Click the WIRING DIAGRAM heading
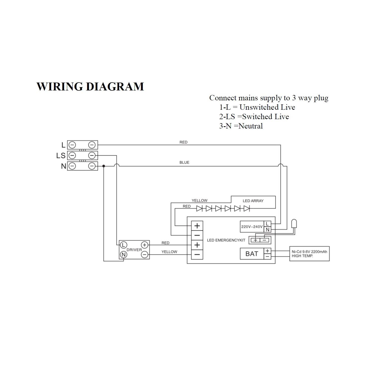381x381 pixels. pyautogui.click(x=90, y=86)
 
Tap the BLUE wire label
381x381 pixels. pyautogui.click(x=184, y=162)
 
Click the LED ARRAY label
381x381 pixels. pyautogui.click(x=253, y=201)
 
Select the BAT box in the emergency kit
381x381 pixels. pyautogui.click(x=252, y=253)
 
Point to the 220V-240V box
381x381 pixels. pyautogui.click(x=252, y=227)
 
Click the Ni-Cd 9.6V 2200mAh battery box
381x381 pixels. pyautogui.click(x=309, y=253)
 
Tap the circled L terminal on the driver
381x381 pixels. pyautogui.click(x=123, y=245)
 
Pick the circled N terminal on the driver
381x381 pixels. pyautogui.click(x=123, y=255)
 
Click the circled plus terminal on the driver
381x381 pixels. pyautogui.click(x=145, y=245)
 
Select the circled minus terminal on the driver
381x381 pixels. pyautogui.click(x=145, y=255)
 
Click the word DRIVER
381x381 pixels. pyautogui.click(x=134, y=250)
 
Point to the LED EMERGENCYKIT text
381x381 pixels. pyautogui.click(x=226, y=240)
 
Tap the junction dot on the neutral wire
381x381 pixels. pyautogui.click(x=104, y=166)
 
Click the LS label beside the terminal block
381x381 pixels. pyautogui.click(x=61, y=155)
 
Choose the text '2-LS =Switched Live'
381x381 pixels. pyautogui.click(x=254, y=117)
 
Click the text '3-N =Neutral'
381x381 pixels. pyautogui.click(x=241, y=126)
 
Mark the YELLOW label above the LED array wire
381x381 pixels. pyautogui.click(x=199, y=201)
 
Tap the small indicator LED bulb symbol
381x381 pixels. pyautogui.click(x=294, y=224)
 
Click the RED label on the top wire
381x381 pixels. pyautogui.click(x=183, y=142)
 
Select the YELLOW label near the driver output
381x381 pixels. pyautogui.click(x=169, y=252)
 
